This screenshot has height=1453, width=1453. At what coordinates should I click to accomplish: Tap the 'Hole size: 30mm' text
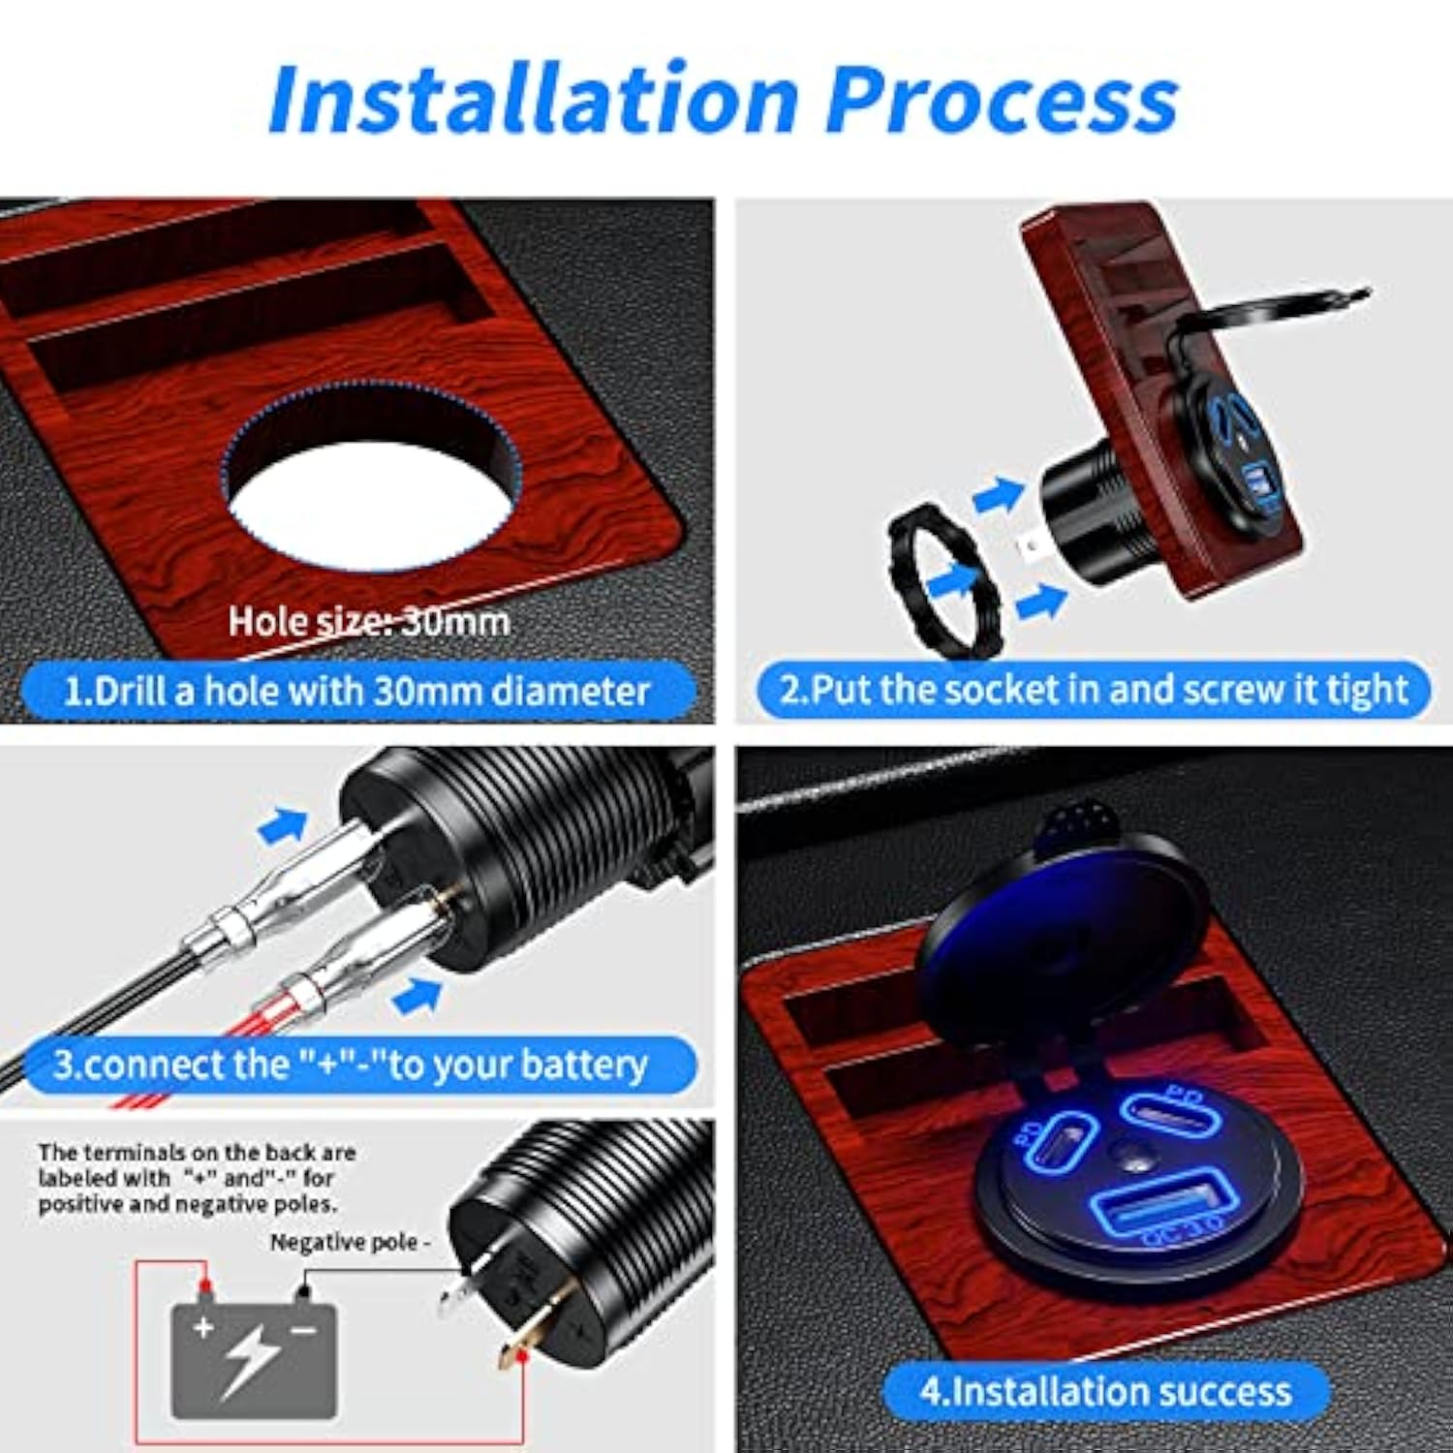coord(369,621)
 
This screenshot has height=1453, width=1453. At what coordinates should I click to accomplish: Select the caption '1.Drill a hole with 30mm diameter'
coord(357,691)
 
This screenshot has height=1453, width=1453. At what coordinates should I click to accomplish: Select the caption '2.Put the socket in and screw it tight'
coord(1094,689)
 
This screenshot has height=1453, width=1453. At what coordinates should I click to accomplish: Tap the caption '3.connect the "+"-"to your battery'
coord(350,1065)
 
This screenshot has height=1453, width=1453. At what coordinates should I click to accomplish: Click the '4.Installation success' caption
coord(1105,1391)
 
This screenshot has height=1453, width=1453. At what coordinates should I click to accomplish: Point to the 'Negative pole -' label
coord(350,1242)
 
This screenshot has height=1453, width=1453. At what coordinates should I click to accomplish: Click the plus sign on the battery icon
coord(202,1326)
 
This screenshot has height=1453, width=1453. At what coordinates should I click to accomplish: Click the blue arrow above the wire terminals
coord(283,825)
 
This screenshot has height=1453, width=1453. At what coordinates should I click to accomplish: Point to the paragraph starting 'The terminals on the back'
coord(197,1178)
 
